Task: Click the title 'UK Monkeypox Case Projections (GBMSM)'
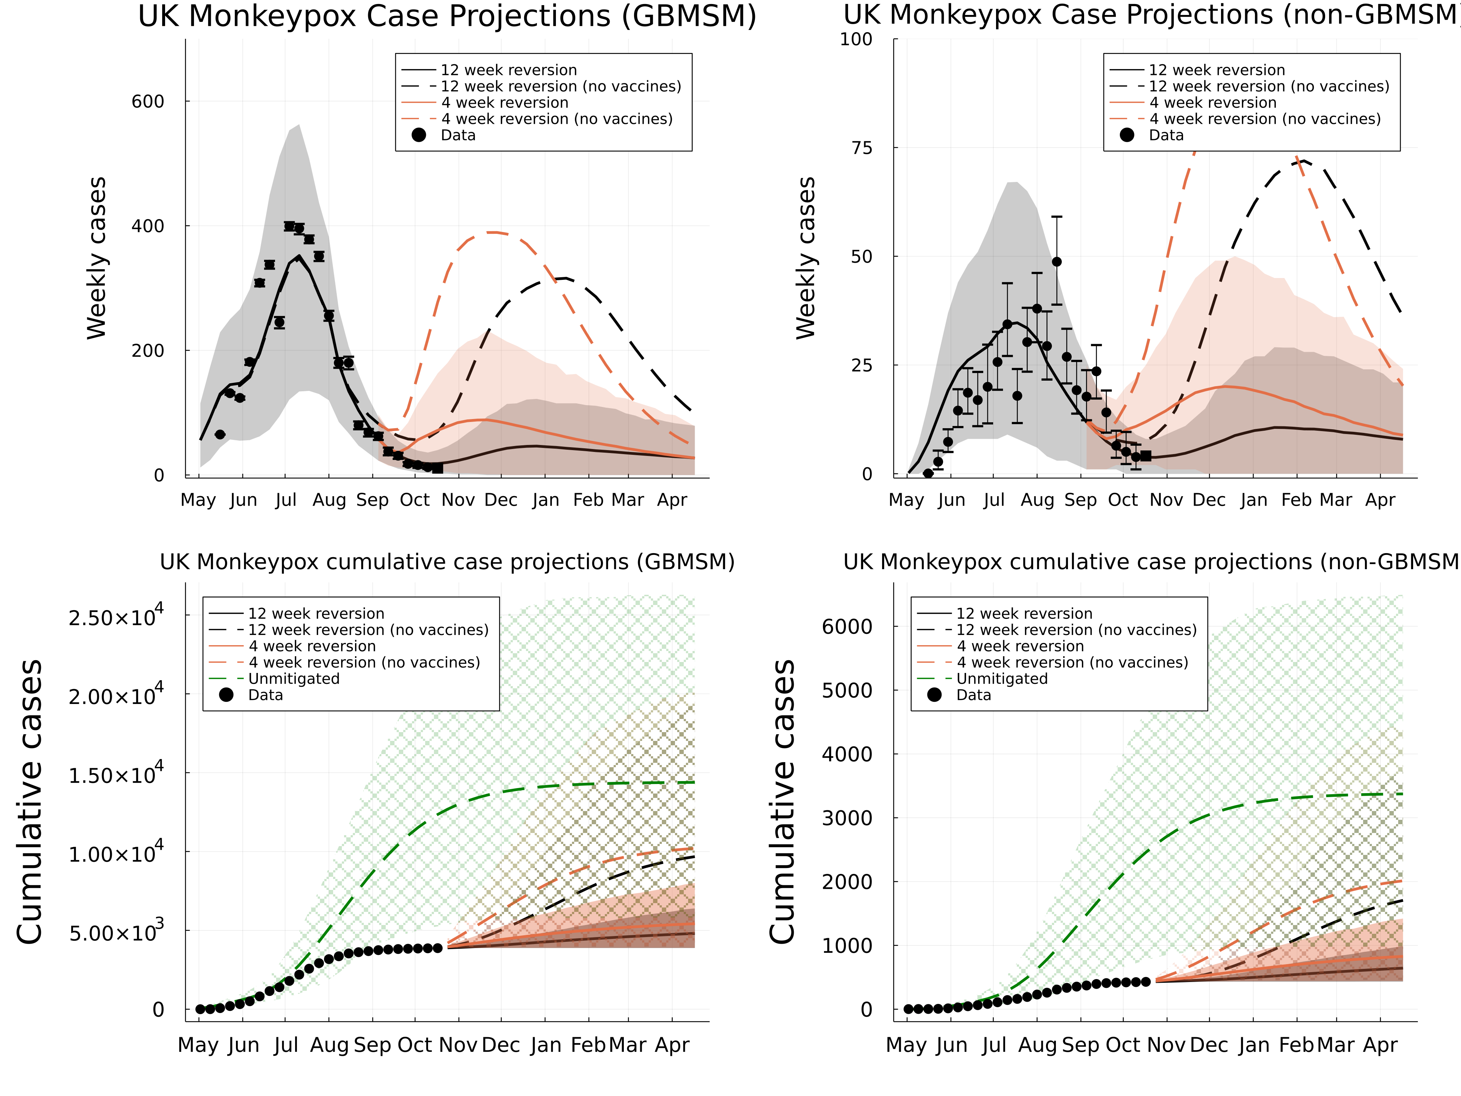[x=447, y=16]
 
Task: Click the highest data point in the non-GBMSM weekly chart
[x=1057, y=262]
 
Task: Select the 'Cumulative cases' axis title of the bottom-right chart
[x=783, y=801]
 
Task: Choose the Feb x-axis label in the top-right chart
[x=1296, y=500]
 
